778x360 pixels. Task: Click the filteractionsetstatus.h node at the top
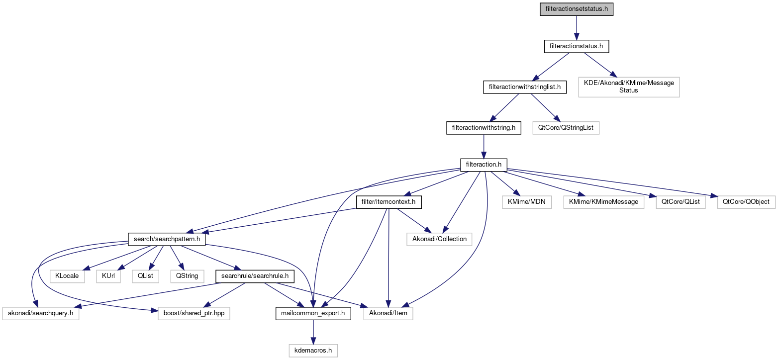[577, 9]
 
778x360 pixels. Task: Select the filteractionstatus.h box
[576, 46]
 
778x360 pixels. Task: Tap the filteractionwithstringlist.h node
[525, 87]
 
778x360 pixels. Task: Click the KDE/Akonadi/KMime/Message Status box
[629, 87]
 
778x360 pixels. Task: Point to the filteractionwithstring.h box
[484, 128]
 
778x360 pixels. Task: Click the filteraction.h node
[484, 164]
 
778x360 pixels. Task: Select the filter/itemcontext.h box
[389, 202]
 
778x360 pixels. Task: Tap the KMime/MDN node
[527, 202]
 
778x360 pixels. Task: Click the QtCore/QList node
[681, 202]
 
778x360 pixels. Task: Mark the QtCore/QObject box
[746, 202]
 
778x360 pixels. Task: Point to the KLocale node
[67, 275]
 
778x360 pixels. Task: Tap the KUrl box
[108, 275]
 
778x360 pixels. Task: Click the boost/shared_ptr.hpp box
[194, 314]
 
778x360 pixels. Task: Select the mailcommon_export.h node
[313, 314]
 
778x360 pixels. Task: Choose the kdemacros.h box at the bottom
[313, 351]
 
